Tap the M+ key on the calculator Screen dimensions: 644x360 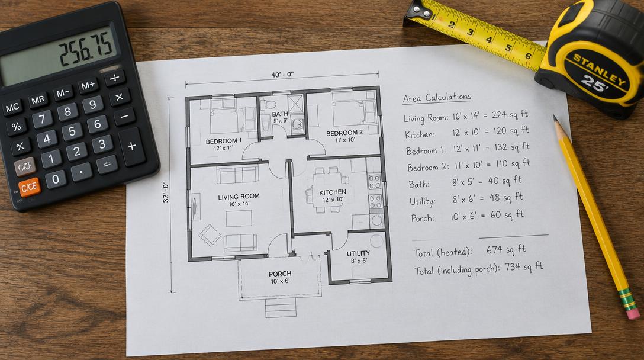(88, 86)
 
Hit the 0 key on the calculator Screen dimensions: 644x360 (56, 179)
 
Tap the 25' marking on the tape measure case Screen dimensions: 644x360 (595, 85)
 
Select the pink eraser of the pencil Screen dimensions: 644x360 (633, 312)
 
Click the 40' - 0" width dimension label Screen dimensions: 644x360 (282, 75)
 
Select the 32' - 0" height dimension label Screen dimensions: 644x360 (166, 192)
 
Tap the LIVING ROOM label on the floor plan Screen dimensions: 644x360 (239, 197)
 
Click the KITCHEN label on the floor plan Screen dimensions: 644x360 (333, 192)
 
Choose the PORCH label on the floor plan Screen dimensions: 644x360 (280, 274)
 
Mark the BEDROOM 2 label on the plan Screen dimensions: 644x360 (344, 133)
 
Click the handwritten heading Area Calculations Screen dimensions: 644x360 (437, 98)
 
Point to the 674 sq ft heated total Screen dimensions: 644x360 (506, 249)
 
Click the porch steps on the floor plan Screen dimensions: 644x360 (281, 308)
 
